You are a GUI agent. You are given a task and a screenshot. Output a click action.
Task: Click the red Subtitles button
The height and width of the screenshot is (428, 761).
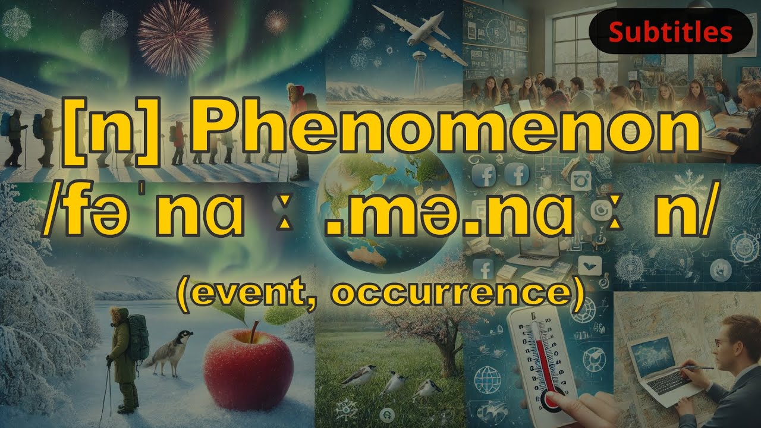pyautogui.click(x=670, y=32)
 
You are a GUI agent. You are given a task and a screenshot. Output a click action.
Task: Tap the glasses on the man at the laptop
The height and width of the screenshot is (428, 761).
pyautogui.click(x=721, y=343)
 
